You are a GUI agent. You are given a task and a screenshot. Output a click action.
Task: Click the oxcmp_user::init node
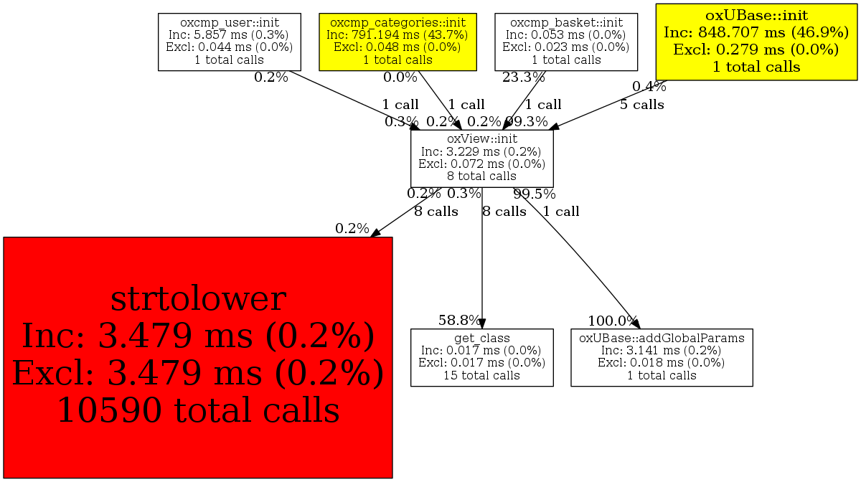229,42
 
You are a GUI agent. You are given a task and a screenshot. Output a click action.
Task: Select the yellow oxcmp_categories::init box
397,42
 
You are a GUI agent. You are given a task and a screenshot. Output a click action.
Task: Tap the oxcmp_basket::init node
566,42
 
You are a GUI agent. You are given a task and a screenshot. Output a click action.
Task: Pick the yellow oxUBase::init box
757,41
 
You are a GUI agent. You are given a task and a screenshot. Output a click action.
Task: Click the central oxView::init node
481,158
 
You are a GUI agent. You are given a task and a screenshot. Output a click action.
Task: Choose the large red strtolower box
197,356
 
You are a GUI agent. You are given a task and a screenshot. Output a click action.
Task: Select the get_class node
481,357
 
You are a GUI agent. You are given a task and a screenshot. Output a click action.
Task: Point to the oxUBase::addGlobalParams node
662,357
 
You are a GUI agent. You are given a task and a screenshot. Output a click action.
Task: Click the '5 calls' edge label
642,105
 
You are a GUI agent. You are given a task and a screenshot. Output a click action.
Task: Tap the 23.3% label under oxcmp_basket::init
523,77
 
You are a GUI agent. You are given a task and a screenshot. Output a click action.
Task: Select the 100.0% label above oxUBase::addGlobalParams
612,321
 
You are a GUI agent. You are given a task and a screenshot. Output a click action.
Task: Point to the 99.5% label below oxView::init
534,194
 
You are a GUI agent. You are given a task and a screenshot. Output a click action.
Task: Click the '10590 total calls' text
197,410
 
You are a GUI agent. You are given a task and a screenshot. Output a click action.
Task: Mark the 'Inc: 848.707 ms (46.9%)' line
757,32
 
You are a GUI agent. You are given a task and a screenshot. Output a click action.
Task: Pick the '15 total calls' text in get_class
481,375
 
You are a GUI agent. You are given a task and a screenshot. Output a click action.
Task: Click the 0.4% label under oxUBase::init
649,87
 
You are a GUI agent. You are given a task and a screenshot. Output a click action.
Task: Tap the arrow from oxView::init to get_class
481,273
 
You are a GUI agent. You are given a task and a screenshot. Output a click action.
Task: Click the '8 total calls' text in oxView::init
481,176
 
